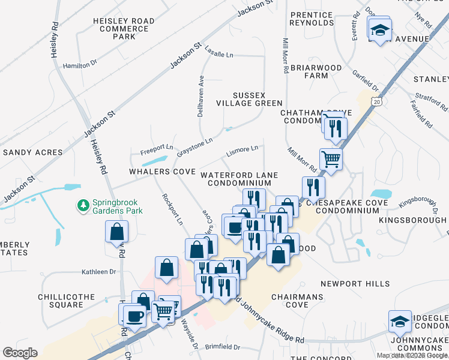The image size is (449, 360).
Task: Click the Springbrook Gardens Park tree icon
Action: (x=83, y=206)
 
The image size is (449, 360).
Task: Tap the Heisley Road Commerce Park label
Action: (x=124, y=29)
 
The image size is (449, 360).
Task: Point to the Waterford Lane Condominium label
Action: (x=240, y=179)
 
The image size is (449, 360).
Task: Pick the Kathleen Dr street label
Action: (x=99, y=272)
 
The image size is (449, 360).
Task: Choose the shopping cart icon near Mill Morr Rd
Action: (x=331, y=159)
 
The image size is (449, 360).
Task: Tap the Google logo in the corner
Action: (x=20, y=353)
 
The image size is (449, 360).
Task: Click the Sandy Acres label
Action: (x=32, y=153)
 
